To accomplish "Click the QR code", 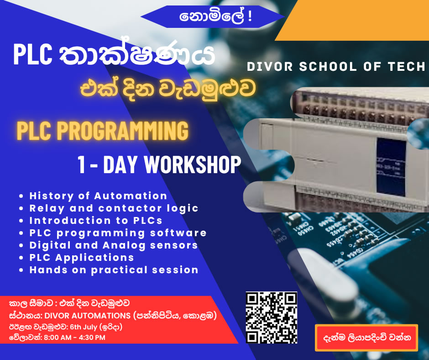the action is (272, 317).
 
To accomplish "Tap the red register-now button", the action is (366, 338).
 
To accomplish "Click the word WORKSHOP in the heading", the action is (192, 164).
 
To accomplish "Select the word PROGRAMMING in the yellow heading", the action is (123, 130).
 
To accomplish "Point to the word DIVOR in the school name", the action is (270, 67).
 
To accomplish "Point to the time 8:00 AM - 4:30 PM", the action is (74, 338).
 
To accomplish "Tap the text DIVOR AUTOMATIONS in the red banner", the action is (88, 316).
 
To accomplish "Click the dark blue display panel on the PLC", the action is (391, 167).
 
